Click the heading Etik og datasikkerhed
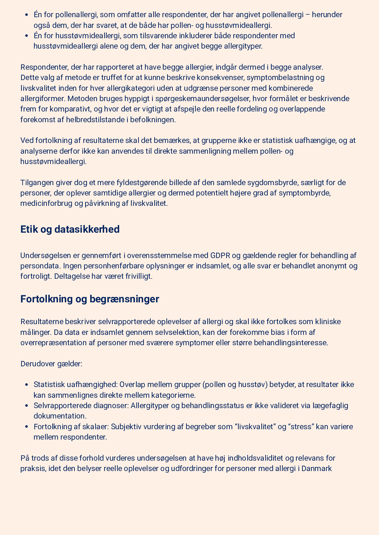click(x=70, y=229)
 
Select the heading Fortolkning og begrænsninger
click(x=89, y=299)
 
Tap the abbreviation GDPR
click(x=220, y=256)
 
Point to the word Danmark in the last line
click(x=317, y=469)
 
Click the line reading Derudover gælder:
click(x=51, y=364)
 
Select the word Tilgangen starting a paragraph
click(x=37, y=183)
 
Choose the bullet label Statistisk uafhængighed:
click(x=76, y=385)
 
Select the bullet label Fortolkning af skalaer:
click(x=71, y=427)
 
